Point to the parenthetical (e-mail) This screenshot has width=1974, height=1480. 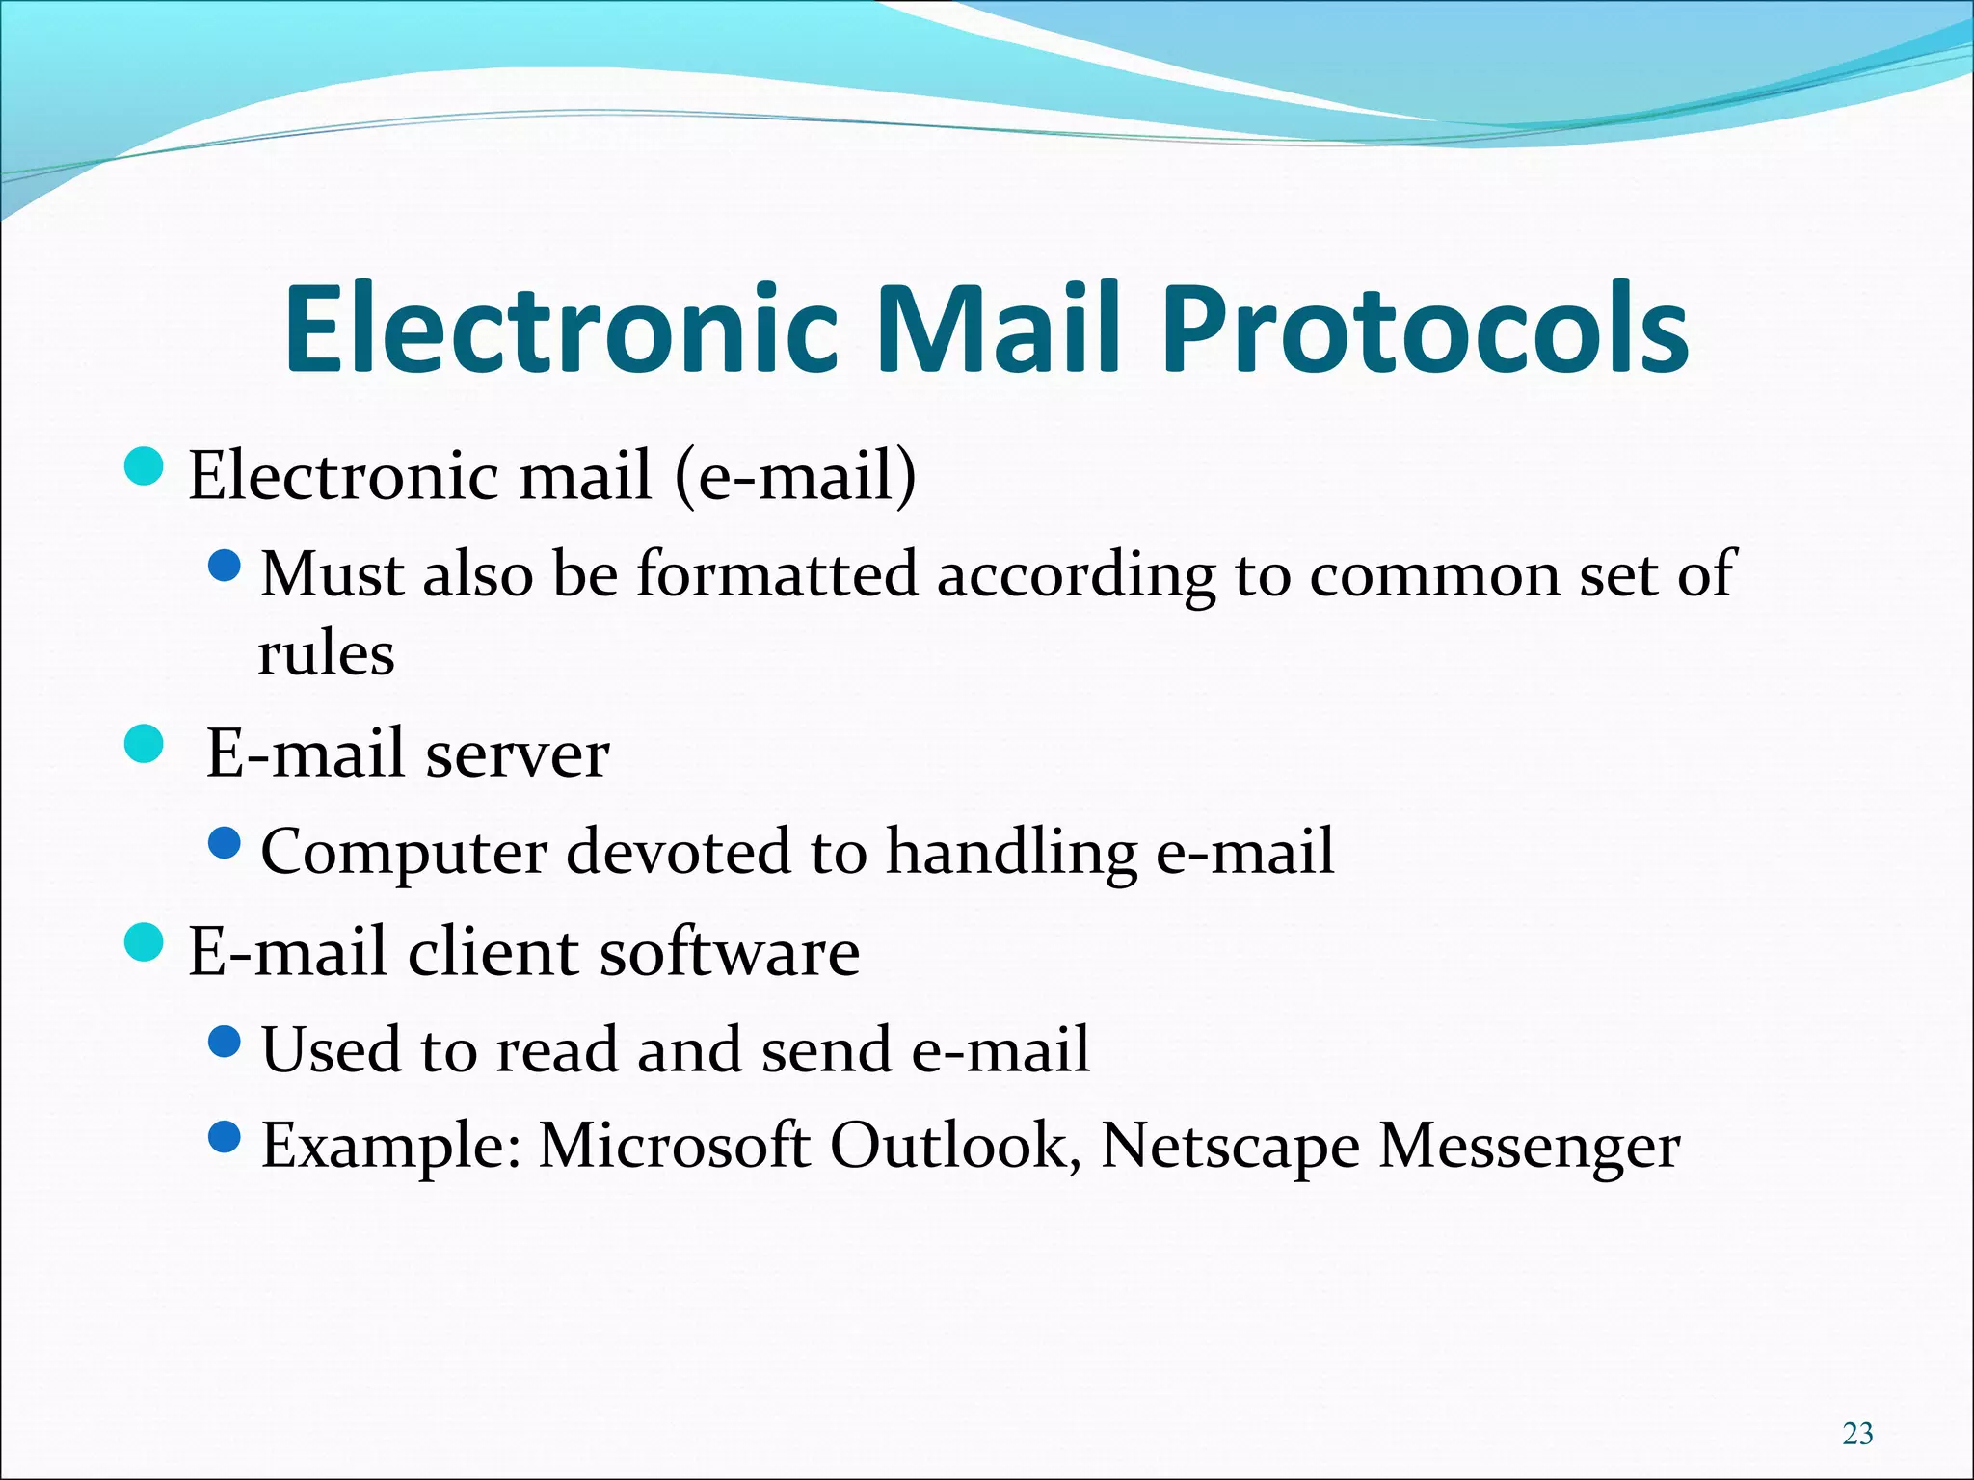795,475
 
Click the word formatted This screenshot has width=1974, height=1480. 777,574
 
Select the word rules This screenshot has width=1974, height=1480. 326,654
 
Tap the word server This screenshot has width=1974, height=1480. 518,753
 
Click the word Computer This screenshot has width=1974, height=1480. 404,852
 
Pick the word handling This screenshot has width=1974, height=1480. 1012,852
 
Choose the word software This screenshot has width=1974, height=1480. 730,952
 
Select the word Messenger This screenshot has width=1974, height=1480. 1530,1147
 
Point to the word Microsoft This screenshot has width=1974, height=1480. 674,1147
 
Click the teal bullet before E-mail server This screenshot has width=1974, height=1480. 145,744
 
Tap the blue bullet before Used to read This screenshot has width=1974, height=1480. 224,1042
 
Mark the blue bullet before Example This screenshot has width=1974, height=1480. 224,1138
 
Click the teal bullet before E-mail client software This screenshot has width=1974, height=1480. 145,942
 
